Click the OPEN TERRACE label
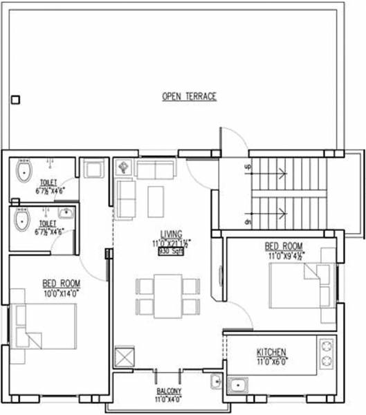coord(189,97)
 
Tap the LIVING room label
coord(171,234)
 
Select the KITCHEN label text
coord(271,352)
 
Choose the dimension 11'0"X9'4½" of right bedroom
coord(284,255)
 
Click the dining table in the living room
coord(167,295)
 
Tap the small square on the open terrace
coord(16,100)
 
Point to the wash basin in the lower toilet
coord(66,213)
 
